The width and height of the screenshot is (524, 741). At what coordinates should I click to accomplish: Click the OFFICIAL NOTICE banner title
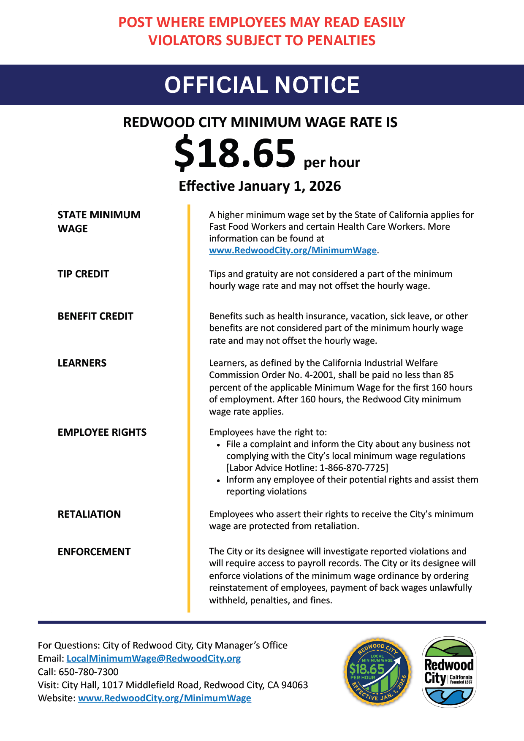[x=262, y=85]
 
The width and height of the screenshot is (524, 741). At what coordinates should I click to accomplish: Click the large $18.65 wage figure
[x=235, y=153]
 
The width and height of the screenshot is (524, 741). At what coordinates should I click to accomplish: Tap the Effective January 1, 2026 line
[x=260, y=186]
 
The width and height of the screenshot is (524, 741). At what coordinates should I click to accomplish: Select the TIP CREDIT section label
[x=83, y=274]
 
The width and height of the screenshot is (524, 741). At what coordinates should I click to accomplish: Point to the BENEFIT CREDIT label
[x=95, y=316]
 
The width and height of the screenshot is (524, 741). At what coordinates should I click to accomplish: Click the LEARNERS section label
[x=82, y=363]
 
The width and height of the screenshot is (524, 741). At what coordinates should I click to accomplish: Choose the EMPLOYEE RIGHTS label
[x=102, y=432]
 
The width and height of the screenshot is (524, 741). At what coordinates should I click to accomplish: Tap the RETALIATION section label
[x=89, y=514]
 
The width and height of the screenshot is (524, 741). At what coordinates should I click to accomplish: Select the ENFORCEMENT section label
[x=94, y=552]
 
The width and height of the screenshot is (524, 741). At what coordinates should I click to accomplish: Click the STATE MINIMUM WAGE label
[x=99, y=222]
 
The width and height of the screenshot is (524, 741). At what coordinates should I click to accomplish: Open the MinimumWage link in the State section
[x=293, y=250]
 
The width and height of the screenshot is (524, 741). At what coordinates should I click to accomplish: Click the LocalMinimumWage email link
[x=154, y=659]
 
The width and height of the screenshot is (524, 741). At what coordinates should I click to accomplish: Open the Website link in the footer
[x=165, y=698]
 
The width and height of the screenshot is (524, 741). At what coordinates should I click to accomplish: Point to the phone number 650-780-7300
[x=89, y=672]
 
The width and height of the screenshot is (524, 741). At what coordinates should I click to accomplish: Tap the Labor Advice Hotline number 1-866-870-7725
[x=353, y=468]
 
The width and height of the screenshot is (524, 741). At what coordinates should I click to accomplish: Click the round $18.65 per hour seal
[x=377, y=671]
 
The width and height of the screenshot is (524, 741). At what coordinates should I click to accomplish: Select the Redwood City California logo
[x=449, y=672]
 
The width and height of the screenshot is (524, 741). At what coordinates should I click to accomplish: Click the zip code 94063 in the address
[x=294, y=685]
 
